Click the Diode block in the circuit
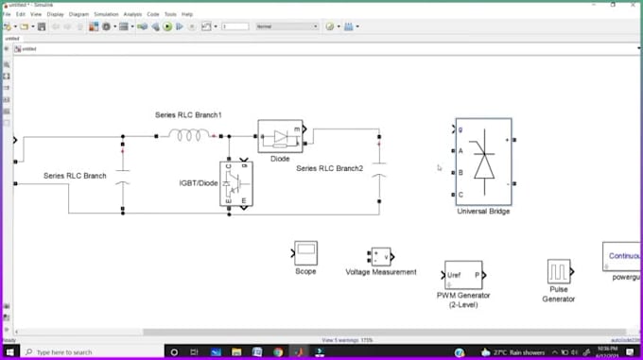279,136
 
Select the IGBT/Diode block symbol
236,182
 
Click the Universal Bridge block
483,162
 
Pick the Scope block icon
305,252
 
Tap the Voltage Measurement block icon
381,256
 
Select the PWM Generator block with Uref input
463,275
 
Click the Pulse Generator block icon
558,272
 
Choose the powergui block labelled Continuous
624,256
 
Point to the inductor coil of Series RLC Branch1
189,135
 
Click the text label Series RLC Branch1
188,115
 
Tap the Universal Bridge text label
483,212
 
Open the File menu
7,15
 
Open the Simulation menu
105,15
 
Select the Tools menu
170,15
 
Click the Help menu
187,15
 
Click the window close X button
634,5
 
